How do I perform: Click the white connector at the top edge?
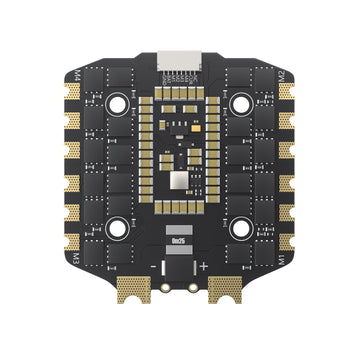point(181,60)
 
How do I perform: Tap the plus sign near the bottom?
point(204,266)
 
